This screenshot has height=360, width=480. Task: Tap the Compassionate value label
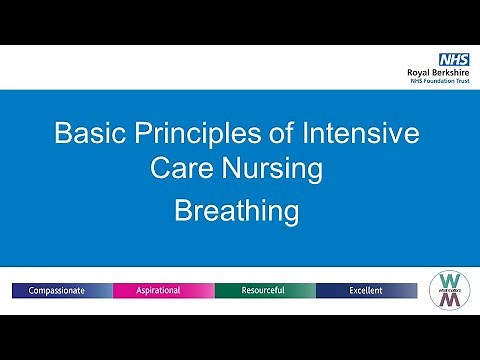coord(55,290)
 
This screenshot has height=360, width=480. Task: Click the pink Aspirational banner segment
coord(163,290)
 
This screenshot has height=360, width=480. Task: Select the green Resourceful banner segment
coord(264,290)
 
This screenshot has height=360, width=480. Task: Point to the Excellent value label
coord(366,290)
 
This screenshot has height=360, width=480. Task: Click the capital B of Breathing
coord(183,211)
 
